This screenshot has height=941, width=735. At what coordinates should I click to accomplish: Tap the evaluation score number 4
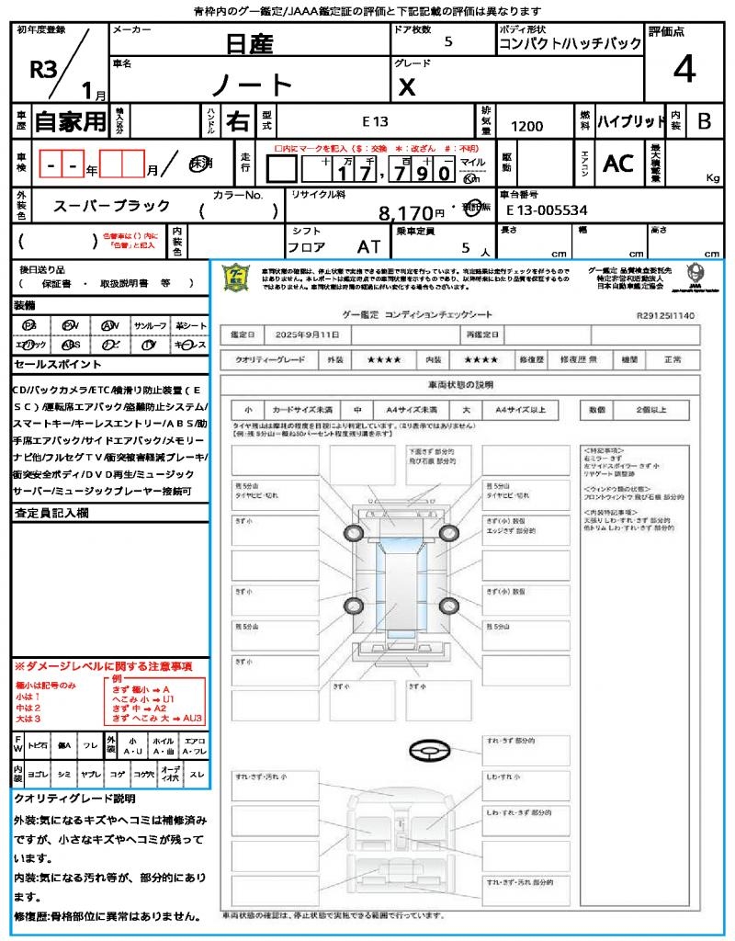click(684, 69)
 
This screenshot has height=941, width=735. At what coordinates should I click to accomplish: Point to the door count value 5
click(447, 41)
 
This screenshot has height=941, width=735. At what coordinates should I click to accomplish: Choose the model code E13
click(375, 121)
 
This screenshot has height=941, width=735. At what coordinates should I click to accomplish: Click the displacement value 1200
click(527, 127)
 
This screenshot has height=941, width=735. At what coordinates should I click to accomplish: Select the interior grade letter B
click(704, 121)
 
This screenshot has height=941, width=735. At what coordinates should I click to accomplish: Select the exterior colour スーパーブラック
click(111, 205)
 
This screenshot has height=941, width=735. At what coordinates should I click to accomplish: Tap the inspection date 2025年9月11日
click(310, 334)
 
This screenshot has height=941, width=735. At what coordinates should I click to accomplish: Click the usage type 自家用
click(71, 121)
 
